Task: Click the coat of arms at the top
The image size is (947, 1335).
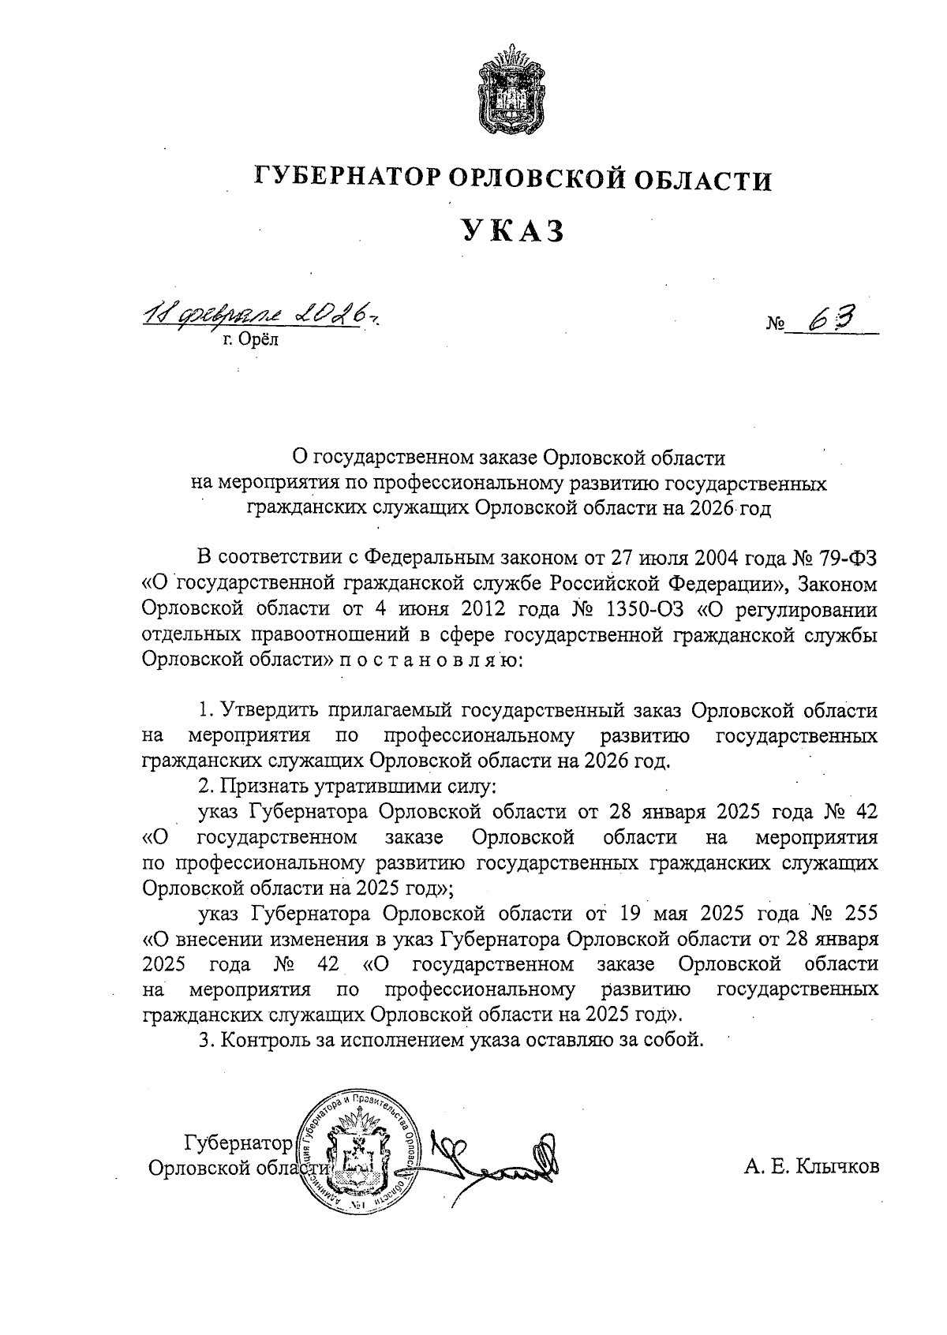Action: (x=511, y=93)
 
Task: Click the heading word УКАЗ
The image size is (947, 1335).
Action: (x=513, y=230)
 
